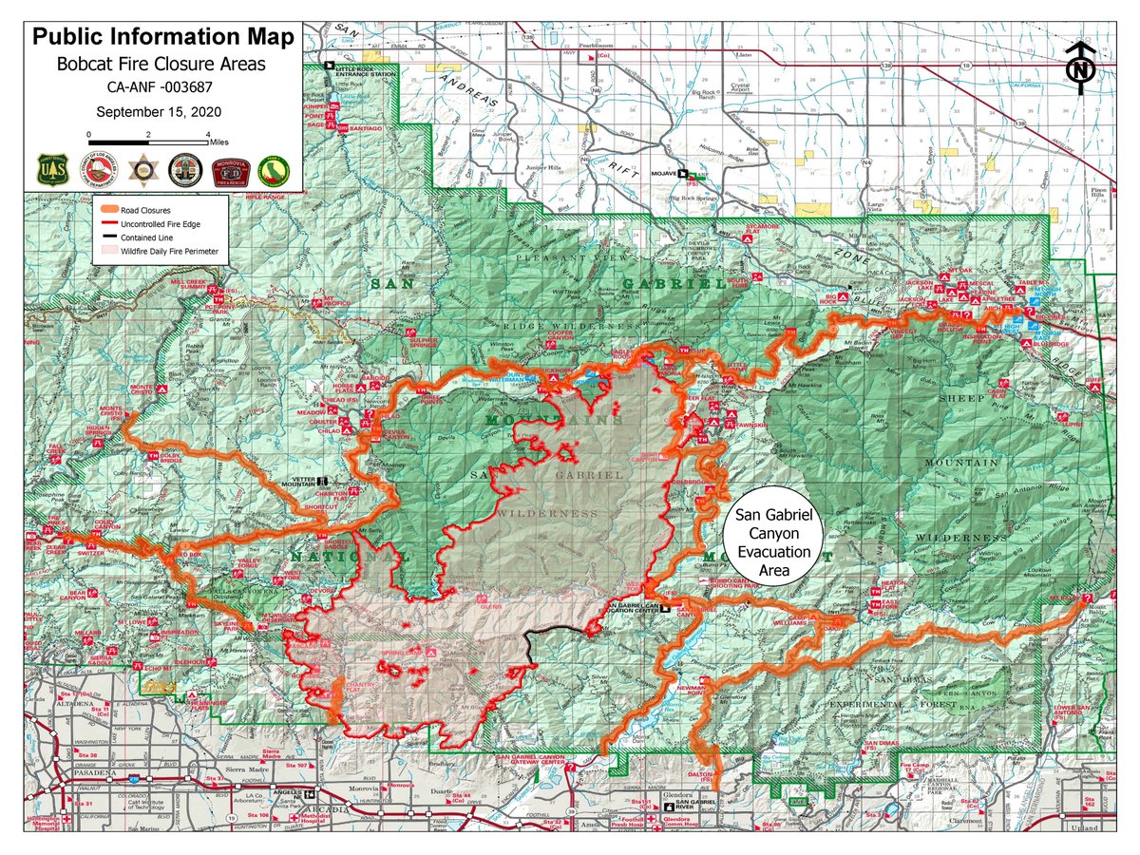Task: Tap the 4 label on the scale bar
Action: coord(205,134)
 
